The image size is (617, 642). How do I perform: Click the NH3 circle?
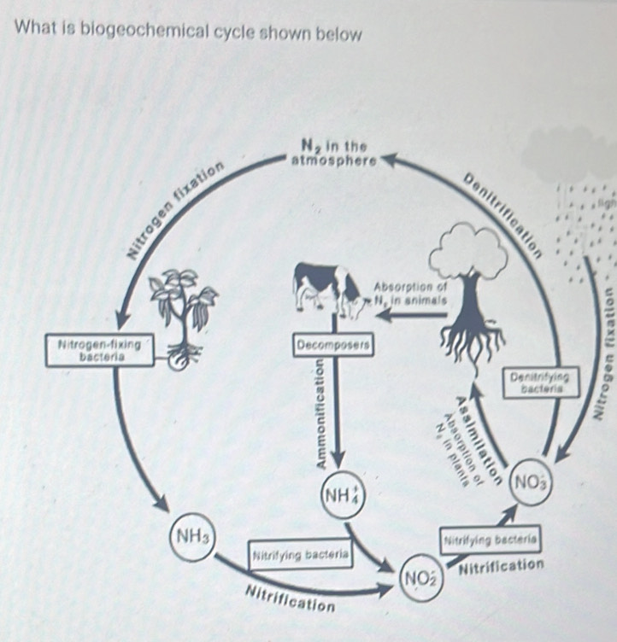coord(192,535)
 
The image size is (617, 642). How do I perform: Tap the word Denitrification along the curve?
coord(504,213)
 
